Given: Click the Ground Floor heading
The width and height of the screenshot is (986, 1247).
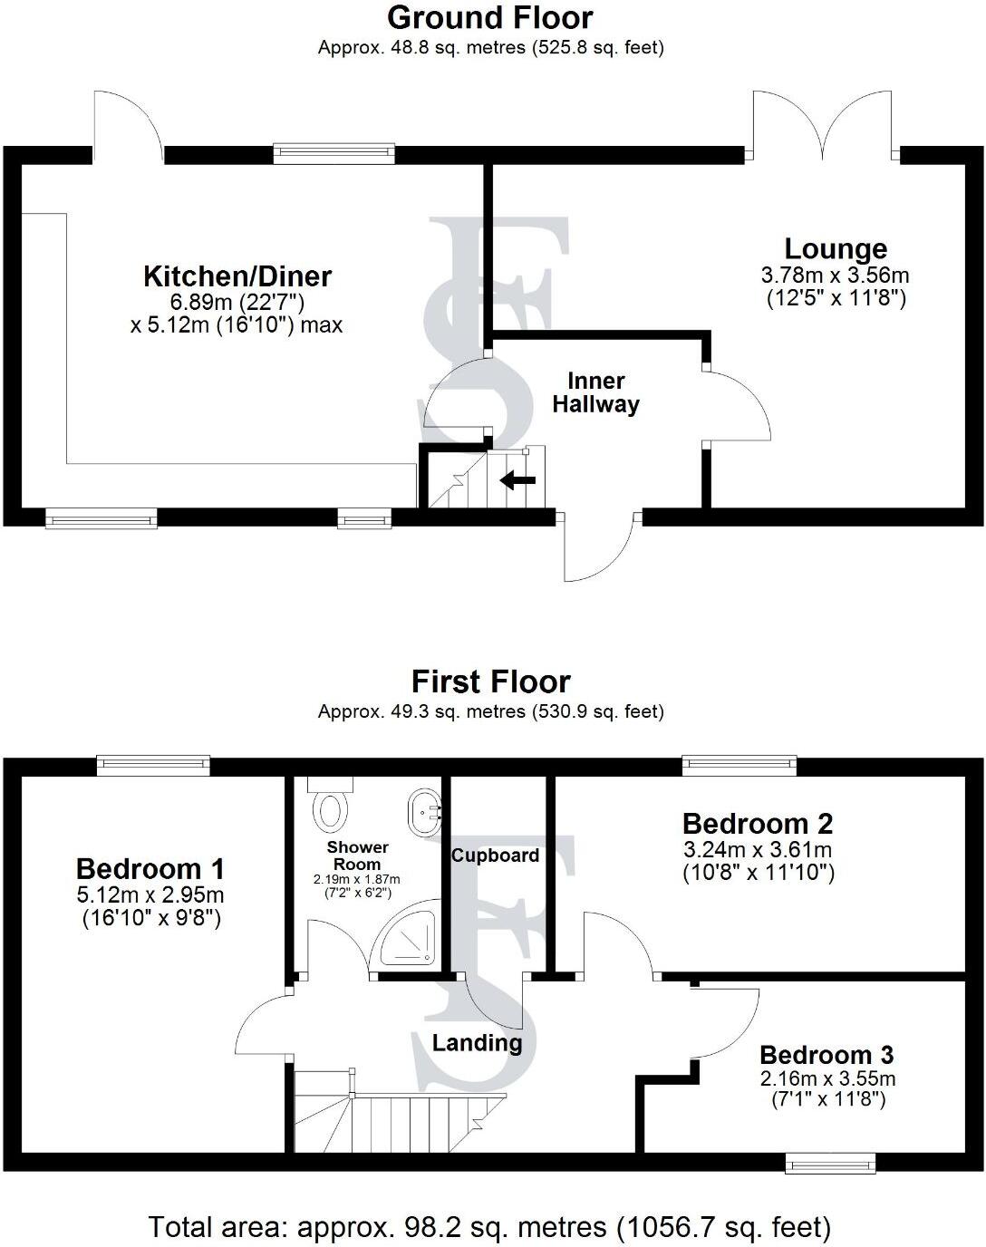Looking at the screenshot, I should (x=490, y=17).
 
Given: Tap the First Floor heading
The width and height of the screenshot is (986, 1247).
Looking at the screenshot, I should (x=490, y=681).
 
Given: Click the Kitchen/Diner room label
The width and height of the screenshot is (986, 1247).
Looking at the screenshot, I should (x=237, y=275).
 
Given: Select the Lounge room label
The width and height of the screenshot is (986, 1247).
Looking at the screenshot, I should (x=836, y=248).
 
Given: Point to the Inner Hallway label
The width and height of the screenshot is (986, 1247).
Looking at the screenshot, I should (x=595, y=392).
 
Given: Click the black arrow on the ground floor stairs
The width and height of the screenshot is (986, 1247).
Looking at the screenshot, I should (x=518, y=480).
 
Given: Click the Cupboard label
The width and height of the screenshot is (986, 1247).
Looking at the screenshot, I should (x=495, y=855).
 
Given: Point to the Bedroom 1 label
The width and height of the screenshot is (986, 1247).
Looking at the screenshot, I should (x=150, y=868).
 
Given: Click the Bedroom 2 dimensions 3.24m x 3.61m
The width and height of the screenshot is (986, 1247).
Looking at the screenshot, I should (x=758, y=850).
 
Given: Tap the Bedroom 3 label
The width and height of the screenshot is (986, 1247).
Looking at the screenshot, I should (x=826, y=1055).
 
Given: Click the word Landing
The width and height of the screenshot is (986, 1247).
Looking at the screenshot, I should (x=477, y=1043).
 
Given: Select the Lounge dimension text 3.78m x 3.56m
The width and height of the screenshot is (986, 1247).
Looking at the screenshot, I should (x=836, y=275).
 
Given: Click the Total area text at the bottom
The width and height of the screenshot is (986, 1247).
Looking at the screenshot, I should (x=490, y=1227).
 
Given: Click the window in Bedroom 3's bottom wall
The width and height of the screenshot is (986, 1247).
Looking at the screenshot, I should (x=830, y=1162).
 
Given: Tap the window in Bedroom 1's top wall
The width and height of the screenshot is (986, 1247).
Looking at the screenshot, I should (x=153, y=766).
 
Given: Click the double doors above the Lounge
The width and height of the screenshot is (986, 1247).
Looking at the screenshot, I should (x=823, y=127).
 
